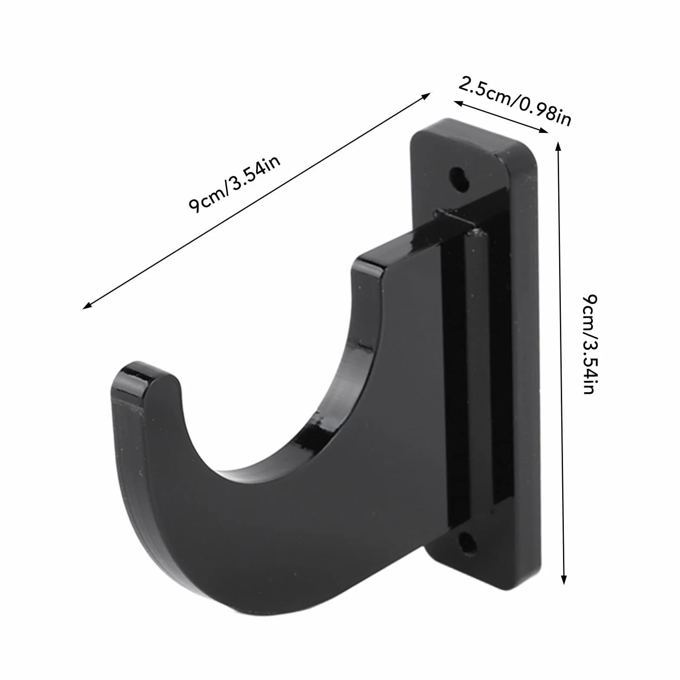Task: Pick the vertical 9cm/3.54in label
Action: point(590,345)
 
